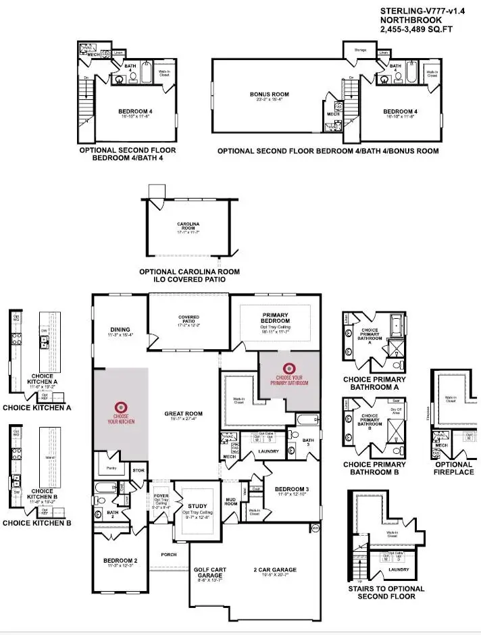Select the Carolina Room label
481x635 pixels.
[190, 224]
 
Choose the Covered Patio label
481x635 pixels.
[188, 317]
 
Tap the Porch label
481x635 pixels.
[168, 555]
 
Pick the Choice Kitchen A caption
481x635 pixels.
[36, 407]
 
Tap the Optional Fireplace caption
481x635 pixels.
[454, 468]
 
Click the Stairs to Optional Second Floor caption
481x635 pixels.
[387, 592]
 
